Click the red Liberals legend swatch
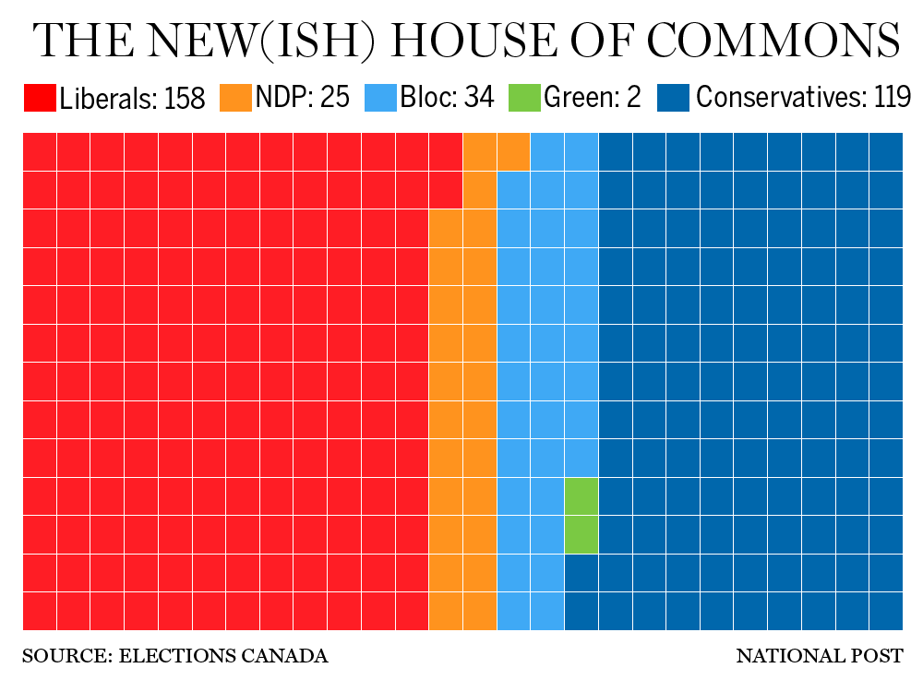click(39, 98)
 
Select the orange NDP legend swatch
click(235, 98)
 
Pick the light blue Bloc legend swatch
click(380, 98)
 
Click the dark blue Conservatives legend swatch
click(673, 98)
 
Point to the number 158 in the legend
click(185, 98)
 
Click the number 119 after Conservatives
click(892, 98)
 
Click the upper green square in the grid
click(581, 495)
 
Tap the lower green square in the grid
click(581, 534)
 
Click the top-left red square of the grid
click(39, 151)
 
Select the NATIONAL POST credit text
click(819, 657)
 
